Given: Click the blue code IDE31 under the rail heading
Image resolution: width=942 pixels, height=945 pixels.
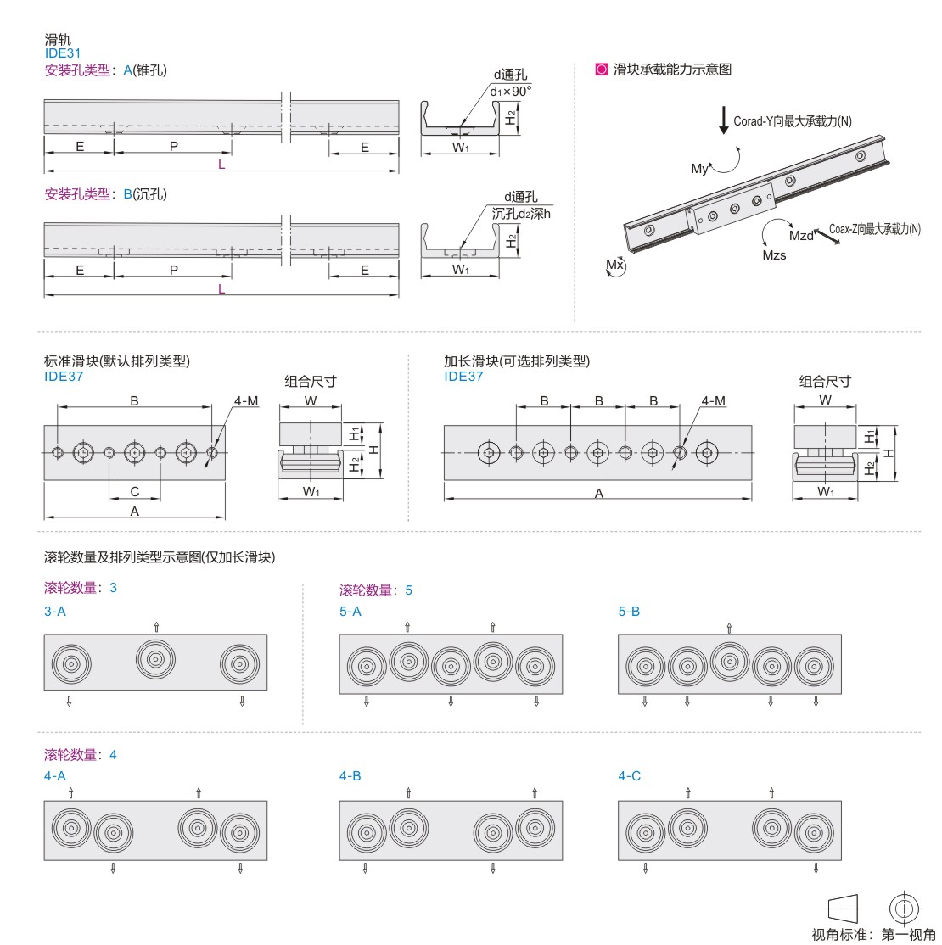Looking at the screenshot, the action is click(x=63, y=53).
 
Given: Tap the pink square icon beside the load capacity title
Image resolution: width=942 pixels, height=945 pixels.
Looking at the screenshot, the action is click(x=601, y=70).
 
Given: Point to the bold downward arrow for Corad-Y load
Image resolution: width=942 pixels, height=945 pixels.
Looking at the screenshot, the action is click(x=724, y=120).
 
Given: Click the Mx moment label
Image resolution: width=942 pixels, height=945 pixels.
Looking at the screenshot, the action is click(x=614, y=265).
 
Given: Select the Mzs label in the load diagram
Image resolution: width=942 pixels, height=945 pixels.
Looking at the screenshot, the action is click(x=774, y=255).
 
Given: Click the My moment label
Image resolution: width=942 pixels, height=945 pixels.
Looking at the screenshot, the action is click(x=699, y=169).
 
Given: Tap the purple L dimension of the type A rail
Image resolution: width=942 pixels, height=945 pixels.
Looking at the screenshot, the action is click(x=221, y=165).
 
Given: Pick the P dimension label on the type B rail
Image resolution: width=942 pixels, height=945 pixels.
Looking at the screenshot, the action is click(x=174, y=270).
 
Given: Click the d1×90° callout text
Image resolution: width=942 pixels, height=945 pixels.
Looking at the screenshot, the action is click(x=510, y=92).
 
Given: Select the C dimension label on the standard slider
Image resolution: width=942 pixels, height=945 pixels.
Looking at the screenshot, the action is click(x=134, y=492).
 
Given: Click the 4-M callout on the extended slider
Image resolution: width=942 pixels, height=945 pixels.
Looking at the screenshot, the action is click(x=714, y=400).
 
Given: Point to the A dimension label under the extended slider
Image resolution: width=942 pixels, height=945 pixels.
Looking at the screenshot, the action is click(x=599, y=494).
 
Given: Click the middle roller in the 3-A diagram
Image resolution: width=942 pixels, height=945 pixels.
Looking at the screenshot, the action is click(x=155, y=659).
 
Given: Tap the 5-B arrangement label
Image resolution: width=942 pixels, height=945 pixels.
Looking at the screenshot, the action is click(x=629, y=611).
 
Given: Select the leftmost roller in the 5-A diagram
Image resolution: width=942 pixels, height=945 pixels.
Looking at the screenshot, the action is click(x=367, y=667).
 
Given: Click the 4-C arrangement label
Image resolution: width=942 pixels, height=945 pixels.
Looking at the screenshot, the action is click(x=629, y=776).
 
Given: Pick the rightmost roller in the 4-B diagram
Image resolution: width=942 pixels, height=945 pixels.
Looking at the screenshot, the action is click(x=535, y=828).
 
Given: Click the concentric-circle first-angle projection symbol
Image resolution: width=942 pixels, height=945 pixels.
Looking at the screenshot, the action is click(x=904, y=909).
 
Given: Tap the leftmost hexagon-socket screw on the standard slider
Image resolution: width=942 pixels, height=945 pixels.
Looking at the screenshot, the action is click(x=83, y=452).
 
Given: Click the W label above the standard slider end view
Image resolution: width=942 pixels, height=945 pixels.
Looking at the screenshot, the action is click(x=311, y=400).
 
